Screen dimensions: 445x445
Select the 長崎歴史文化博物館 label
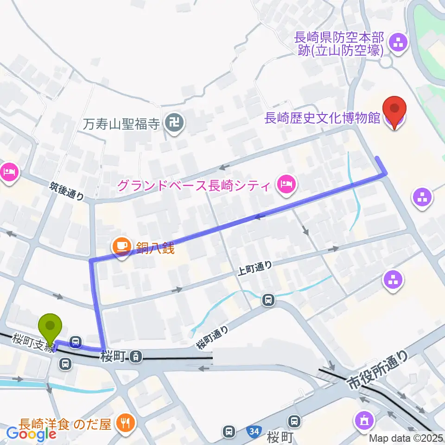pyautogui.click(x=322, y=119)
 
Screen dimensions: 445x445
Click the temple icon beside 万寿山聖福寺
pyautogui.click(x=177, y=123)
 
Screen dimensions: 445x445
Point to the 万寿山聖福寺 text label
pyautogui.click(x=122, y=124)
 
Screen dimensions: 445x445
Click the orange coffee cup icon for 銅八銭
pyautogui.click(x=122, y=245)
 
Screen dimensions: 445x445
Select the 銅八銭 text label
pyautogui.click(x=155, y=248)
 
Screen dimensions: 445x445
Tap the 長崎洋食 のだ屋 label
pyautogui.click(x=65, y=423)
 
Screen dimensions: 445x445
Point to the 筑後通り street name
pyautogui.click(x=68, y=191)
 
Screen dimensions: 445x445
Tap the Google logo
pyautogui.click(x=31, y=434)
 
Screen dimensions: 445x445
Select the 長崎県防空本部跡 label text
pyautogui.click(x=341, y=43)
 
